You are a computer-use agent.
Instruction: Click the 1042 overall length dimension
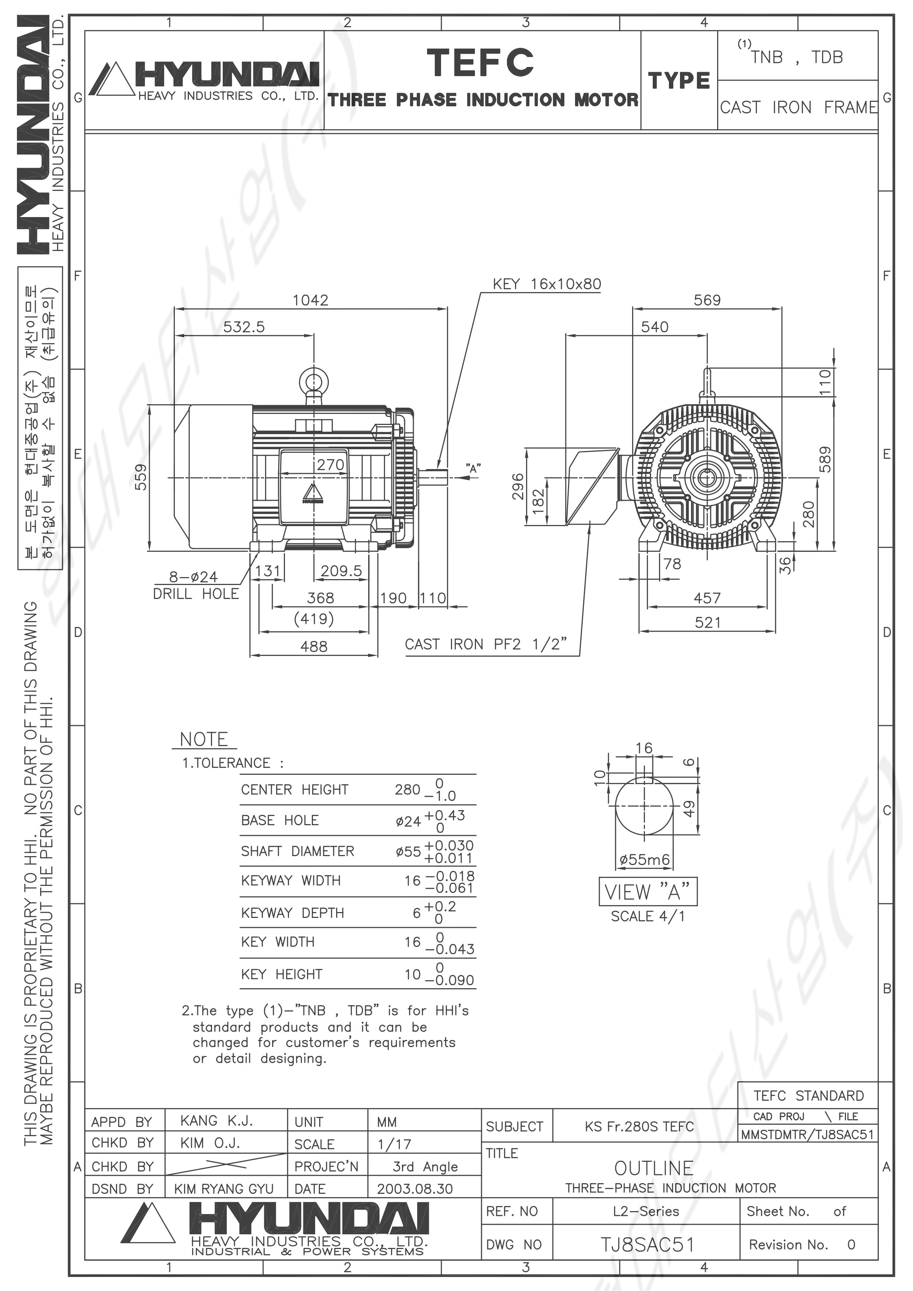pos(310,300)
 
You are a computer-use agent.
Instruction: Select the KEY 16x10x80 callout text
pos(547,284)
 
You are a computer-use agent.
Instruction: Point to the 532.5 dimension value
pos(244,327)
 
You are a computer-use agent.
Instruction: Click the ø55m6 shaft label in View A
pos(645,859)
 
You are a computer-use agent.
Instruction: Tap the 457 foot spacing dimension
pos(707,598)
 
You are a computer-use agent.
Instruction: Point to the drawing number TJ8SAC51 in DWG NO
pos(648,1245)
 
